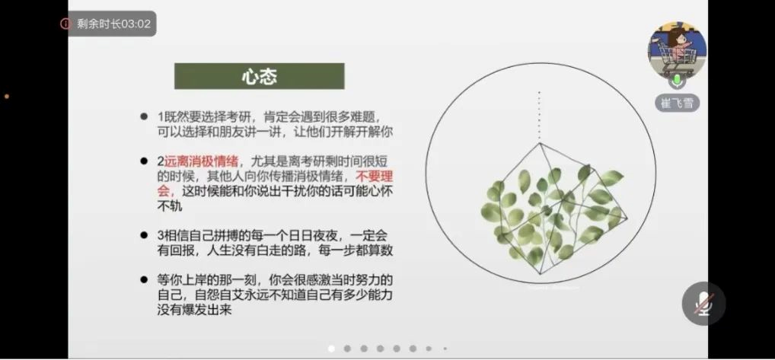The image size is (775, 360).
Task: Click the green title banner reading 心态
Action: click(260, 76)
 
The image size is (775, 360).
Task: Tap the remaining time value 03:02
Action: click(136, 24)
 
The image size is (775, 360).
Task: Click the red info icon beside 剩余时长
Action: click(65, 24)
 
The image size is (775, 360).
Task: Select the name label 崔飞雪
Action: click(677, 103)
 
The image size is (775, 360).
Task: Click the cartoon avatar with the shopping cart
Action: click(677, 50)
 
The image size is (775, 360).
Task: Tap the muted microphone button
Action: click(703, 303)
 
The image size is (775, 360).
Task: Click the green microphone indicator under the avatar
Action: click(677, 79)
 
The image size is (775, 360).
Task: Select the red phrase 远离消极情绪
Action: click(202, 161)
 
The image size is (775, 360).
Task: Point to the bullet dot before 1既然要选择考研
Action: click(144, 117)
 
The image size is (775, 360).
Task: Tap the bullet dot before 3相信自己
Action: click(144, 235)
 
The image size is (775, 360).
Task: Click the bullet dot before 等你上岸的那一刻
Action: click(144, 279)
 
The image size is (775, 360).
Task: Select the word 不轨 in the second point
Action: click(170, 206)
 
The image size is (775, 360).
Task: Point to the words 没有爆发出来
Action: click(194, 310)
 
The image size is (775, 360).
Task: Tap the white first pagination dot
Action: click(331, 349)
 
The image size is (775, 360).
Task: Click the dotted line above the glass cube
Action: click(539, 116)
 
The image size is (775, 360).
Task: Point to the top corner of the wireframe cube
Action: click(540, 143)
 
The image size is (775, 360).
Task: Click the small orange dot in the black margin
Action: click(7, 97)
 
